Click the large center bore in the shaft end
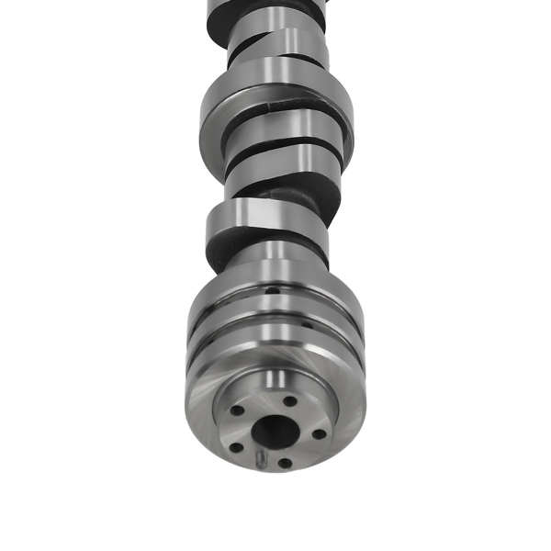click(273, 430)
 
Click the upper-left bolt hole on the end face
click(237, 410)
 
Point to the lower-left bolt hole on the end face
click(236, 448)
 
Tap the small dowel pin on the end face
click(261, 456)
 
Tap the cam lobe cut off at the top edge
click(266, 11)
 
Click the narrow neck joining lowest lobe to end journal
click(275, 257)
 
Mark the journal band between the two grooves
click(275, 319)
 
